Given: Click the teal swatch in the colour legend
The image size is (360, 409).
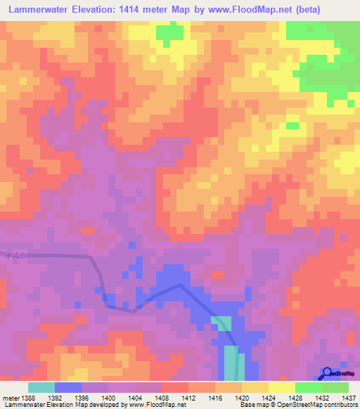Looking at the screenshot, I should point(41,387).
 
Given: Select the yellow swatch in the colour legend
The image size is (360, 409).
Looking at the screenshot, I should point(281,387).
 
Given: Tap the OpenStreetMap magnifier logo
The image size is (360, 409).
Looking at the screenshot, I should point(328,373).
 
